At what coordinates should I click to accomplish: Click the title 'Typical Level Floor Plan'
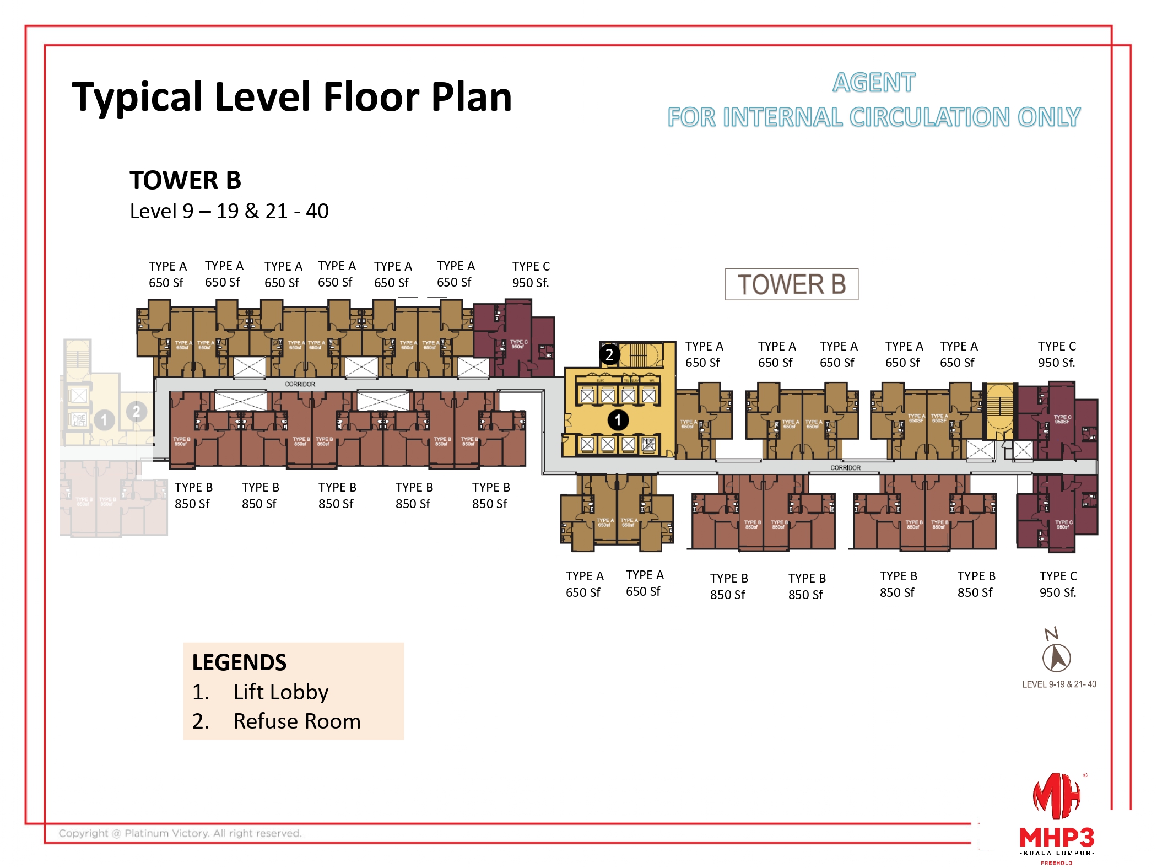click(292, 97)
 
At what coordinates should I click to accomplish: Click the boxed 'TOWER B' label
click(791, 284)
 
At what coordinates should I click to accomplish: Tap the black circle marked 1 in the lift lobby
click(618, 420)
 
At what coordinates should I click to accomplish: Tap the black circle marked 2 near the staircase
click(609, 354)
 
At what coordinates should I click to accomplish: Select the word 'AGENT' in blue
click(873, 83)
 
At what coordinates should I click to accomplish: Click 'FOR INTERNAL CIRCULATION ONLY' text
click(873, 117)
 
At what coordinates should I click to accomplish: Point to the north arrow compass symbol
click(1056, 657)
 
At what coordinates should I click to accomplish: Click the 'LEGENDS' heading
click(239, 662)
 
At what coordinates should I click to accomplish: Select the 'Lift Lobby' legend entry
click(280, 692)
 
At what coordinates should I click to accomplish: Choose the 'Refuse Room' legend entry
click(296, 721)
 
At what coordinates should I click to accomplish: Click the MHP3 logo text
click(1056, 838)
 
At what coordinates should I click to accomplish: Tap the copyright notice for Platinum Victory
click(180, 833)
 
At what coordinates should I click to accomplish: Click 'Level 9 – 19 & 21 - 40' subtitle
click(229, 211)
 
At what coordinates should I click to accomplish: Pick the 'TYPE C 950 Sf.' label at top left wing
click(531, 274)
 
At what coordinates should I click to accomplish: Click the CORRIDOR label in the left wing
click(300, 384)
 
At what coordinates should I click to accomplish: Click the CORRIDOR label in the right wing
click(845, 467)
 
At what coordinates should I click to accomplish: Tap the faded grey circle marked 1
click(104, 420)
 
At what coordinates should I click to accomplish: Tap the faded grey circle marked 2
click(136, 411)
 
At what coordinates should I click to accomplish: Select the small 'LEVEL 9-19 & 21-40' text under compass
click(1058, 684)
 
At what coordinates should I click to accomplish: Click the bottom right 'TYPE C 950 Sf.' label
click(1058, 584)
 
